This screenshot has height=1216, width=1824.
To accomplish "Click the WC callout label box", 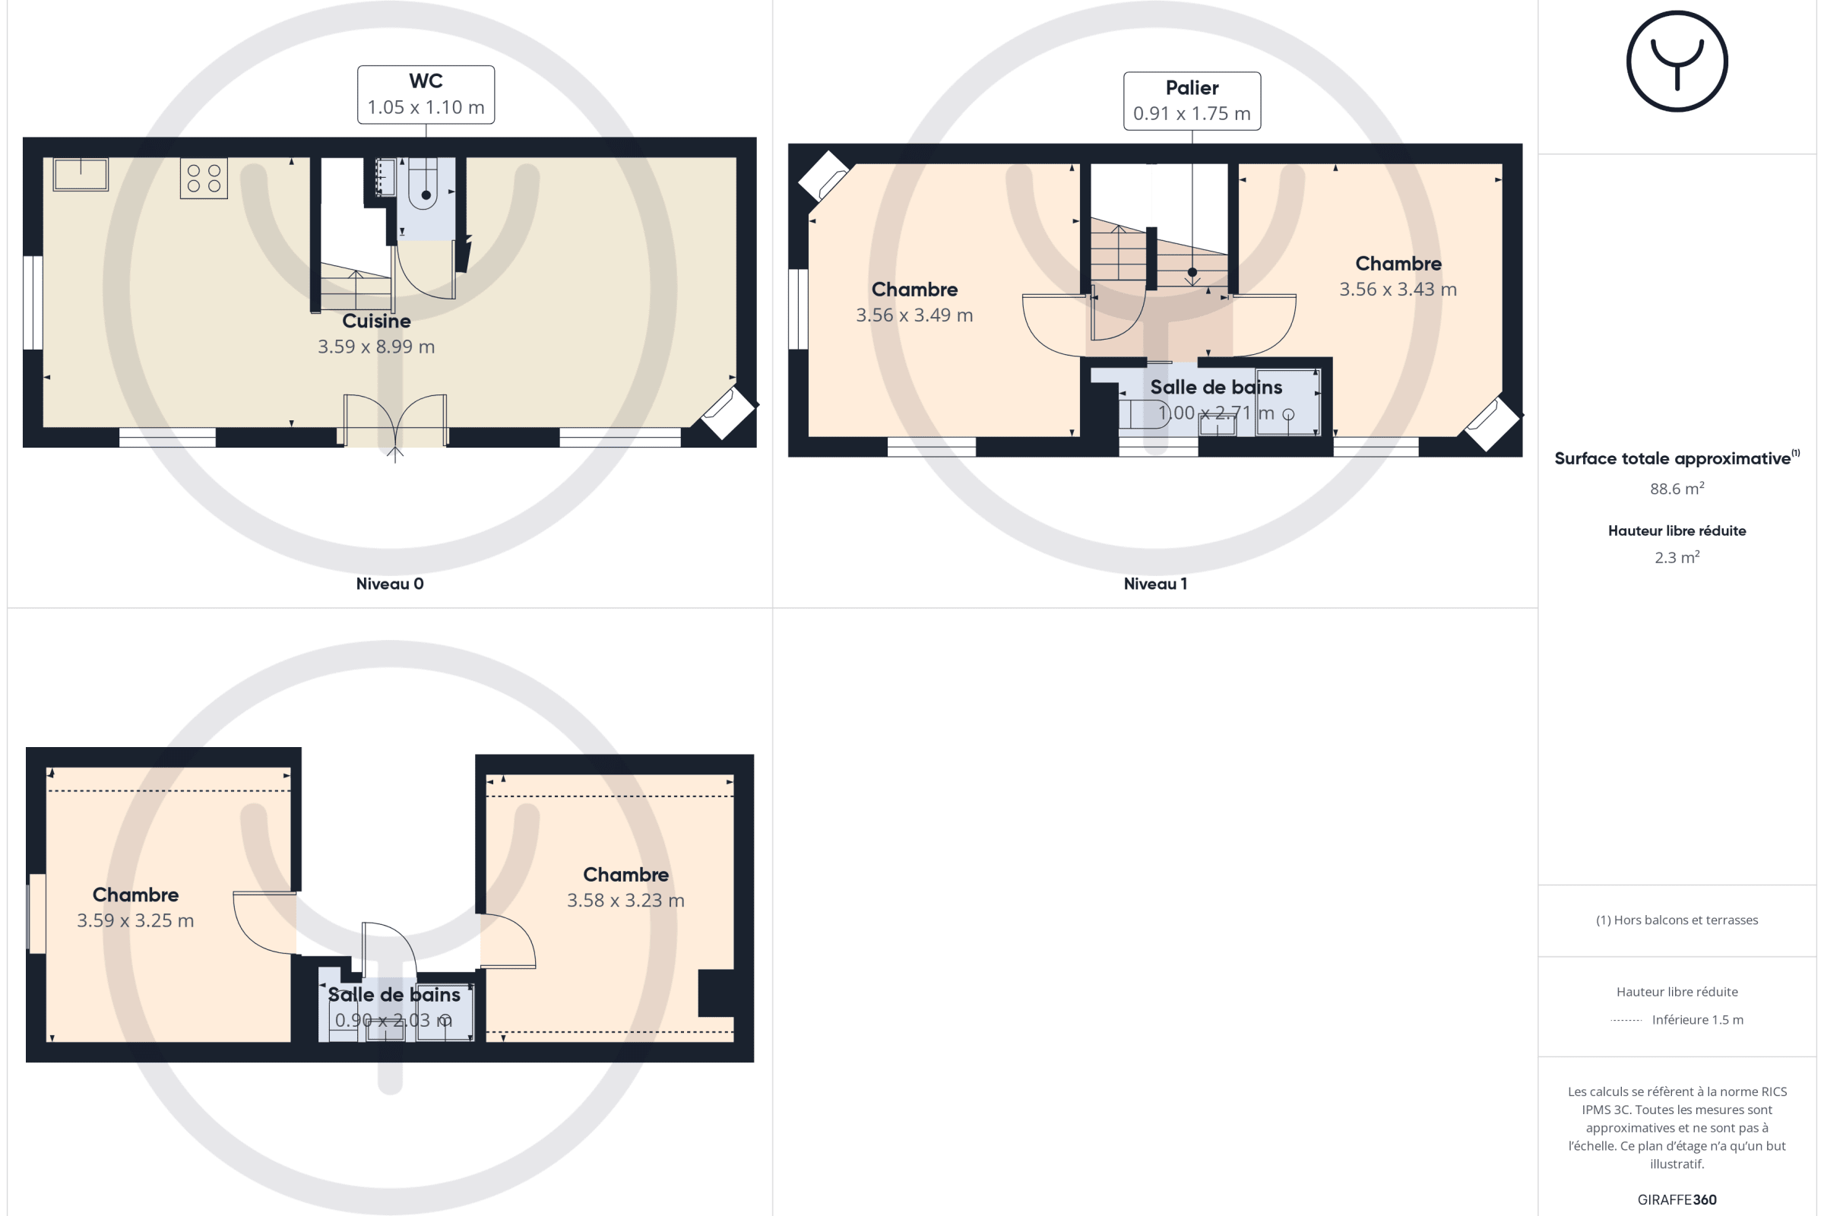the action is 426,94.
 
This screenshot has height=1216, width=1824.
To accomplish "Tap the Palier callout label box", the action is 1192,101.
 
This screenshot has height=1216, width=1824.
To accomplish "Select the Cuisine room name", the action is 377,321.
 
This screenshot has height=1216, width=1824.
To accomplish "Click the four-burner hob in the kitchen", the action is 204,179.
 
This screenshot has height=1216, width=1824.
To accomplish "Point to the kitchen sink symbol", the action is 81,175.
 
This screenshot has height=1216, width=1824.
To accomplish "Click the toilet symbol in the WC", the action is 424,184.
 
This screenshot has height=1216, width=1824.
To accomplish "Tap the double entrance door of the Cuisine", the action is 395,421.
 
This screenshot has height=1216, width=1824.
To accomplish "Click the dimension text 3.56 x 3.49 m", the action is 914,315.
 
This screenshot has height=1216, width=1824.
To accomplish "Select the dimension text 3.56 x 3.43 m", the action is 1398,290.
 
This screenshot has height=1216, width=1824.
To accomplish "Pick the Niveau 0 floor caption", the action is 390,584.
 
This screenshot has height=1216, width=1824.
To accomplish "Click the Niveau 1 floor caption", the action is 1155,584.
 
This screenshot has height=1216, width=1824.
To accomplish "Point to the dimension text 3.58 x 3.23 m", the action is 625,901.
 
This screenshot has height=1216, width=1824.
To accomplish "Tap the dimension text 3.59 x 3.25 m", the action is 136,920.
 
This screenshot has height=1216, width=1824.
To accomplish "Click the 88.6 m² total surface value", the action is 1677,489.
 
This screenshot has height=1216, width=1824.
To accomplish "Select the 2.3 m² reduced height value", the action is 1677,557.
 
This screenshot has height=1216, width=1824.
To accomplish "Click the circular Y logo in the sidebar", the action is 1677,62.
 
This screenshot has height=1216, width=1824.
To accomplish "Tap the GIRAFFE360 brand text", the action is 1677,1200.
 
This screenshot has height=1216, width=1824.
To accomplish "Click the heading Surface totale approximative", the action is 1673,458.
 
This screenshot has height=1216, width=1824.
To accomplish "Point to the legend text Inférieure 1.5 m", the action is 1698,1020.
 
